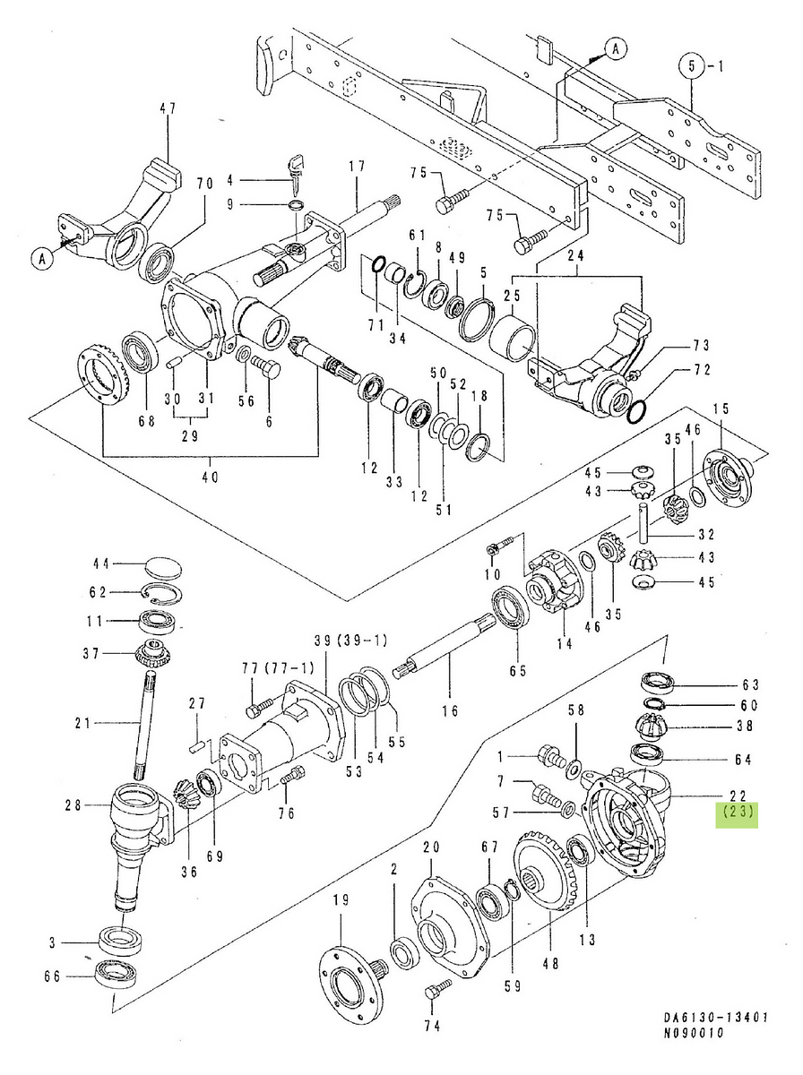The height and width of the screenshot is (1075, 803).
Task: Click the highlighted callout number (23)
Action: (x=735, y=814)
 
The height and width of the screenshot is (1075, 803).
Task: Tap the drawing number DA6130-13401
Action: (x=717, y=1018)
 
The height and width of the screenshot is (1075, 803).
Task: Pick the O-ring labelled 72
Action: (x=635, y=412)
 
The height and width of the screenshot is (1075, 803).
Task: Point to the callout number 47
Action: (x=168, y=108)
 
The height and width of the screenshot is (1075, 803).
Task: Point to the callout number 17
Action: (x=357, y=166)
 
